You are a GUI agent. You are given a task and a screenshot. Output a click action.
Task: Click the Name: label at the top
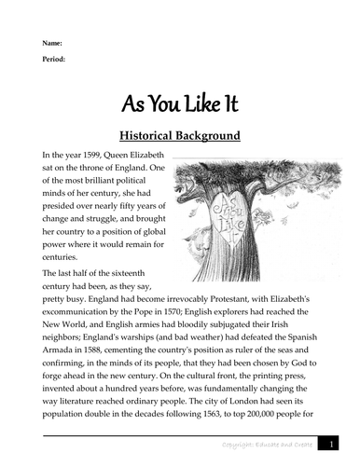[x=51, y=44]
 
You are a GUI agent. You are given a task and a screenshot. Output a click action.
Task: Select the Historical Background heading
[x=179, y=136]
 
